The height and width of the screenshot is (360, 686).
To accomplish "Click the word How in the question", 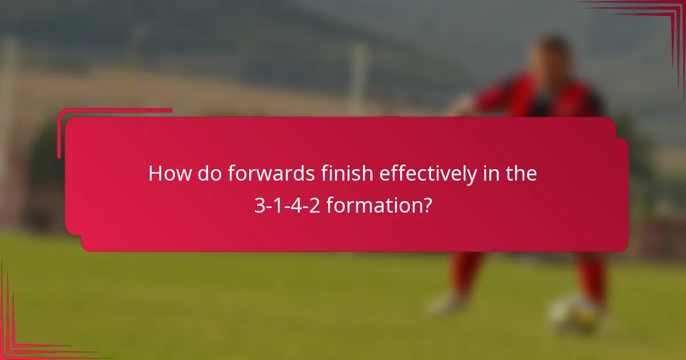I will click(x=170, y=174).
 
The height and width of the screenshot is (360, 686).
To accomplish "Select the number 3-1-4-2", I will click(x=287, y=205).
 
